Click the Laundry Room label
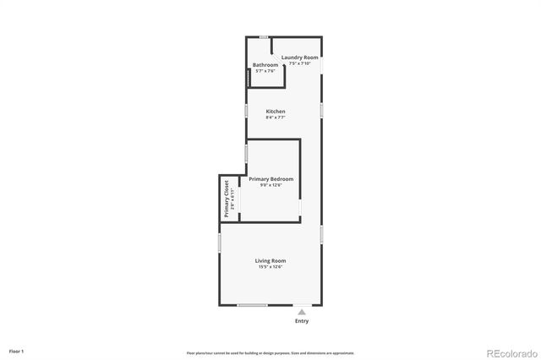[x=300, y=57]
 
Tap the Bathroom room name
[x=265, y=65]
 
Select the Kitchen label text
[x=276, y=112]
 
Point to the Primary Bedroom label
[x=271, y=178]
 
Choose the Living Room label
[x=270, y=260]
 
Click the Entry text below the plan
[x=302, y=321]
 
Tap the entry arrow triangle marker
[x=302, y=312]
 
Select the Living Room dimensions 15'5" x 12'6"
[x=270, y=267]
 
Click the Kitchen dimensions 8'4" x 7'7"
[x=276, y=118]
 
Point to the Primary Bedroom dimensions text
[x=271, y=185]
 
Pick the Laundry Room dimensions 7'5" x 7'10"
[x=300, y=63]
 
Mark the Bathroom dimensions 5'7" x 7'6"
[x=265, y=71]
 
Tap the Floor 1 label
[x=16, y=351]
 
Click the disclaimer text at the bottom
[x=270, y=352]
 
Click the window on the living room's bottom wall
[x=253, y=305]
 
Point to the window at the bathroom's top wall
[x=265, y=37]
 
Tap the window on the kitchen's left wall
[x=246, y=111]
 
